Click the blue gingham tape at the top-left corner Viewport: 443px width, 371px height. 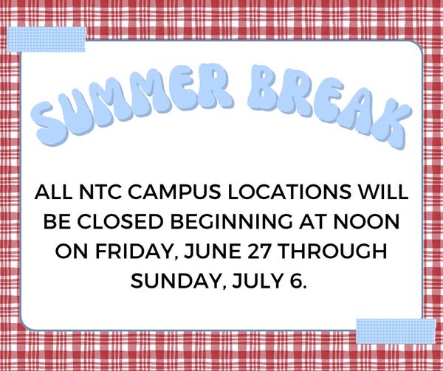[46, 40]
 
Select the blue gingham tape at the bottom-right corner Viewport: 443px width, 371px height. [396, 331]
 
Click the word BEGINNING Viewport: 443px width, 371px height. [231, 222]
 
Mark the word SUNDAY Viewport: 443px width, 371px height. [179, 282]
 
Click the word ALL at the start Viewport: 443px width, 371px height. [54, 192]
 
